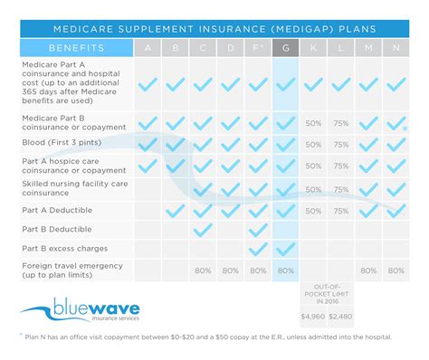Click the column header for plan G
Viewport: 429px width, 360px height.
tap(285, 48)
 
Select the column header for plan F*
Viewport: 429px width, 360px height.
tap(258, 48)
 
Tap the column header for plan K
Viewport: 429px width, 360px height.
tap(313, 48)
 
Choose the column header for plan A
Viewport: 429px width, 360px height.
tap(148, 48)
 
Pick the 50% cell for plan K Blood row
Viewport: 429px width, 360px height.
tap(313, 142)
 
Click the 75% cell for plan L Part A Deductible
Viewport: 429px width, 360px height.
tap(340, 210)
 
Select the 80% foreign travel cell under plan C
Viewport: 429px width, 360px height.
tap(203, 270)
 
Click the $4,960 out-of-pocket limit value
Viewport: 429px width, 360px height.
tap(312, 317)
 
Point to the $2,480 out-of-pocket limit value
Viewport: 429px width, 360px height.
tap(341, 317)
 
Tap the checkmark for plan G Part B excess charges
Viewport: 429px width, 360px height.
tap(285, 249)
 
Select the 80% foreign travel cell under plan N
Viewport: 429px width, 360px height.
tap(395, 270)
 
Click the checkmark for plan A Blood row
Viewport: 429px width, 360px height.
tap(148, 142)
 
